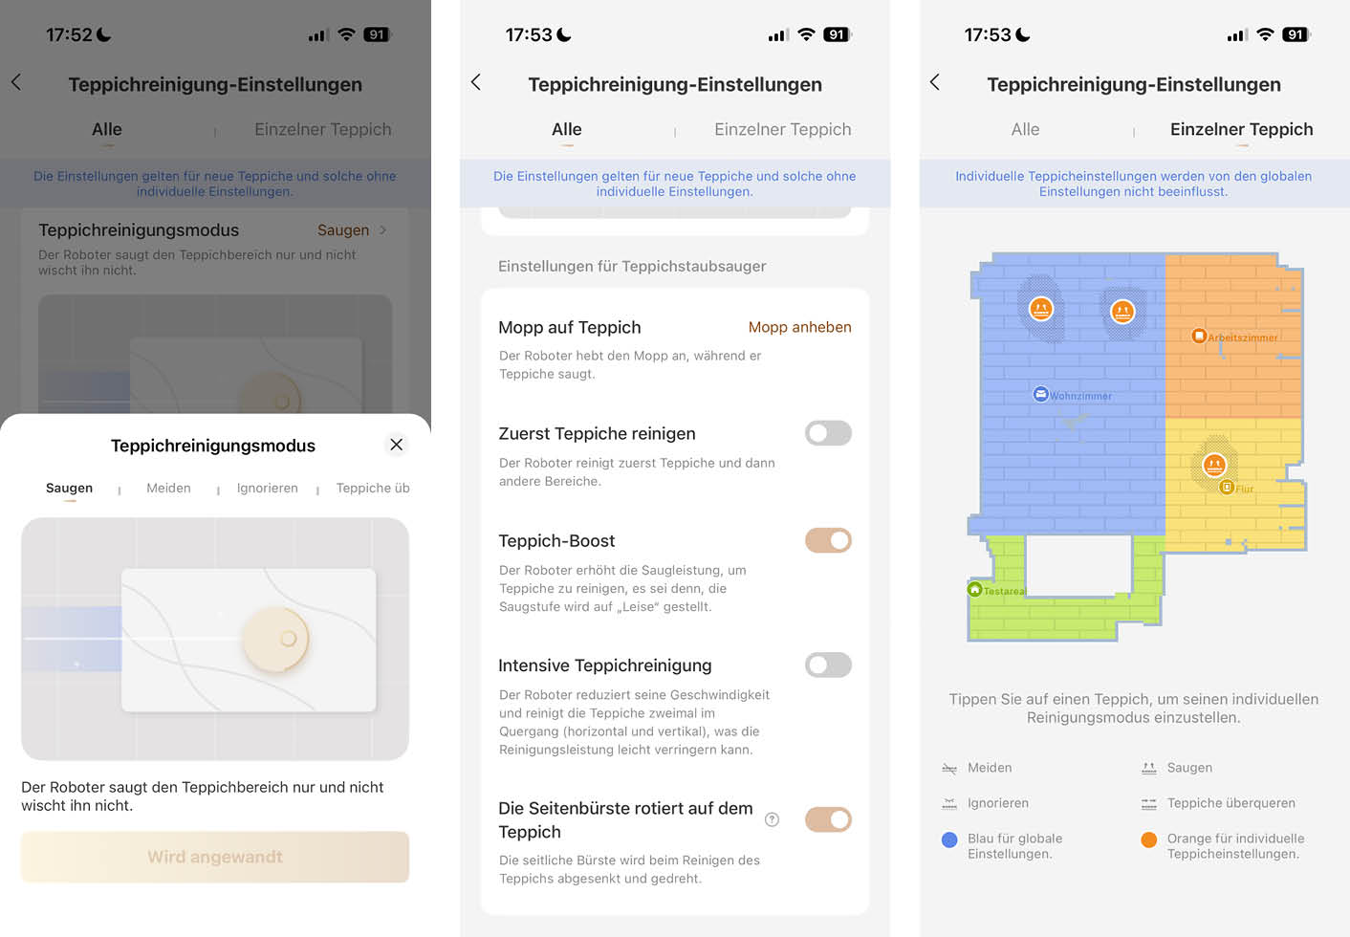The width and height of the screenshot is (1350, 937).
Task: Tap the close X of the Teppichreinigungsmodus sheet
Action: tap(396, 445)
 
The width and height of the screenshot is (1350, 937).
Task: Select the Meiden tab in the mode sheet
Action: tap(168, 489)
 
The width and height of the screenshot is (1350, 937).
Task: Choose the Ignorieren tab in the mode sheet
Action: tap(267, 489)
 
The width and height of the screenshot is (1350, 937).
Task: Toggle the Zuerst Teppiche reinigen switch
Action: tap(828, 433)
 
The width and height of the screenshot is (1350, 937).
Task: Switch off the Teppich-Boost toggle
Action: tap(828, 540)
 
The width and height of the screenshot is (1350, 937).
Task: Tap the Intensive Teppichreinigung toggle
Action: tap(828, 665)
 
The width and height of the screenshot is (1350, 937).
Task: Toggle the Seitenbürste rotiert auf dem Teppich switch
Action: tap(828, 819)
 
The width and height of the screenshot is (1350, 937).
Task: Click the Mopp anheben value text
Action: tap(799, 327)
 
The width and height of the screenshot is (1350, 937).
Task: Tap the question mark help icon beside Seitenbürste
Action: tap(773, 819)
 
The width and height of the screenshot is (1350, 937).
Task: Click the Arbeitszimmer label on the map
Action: tap(1241, 338)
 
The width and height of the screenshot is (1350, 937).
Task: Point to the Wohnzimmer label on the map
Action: tap(1079, 396)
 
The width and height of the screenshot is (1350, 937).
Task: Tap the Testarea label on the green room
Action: tap(1003, 591)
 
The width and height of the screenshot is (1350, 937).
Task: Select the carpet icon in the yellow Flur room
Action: tap(1214, 465)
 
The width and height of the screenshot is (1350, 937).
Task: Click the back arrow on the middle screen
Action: tap(476, 83)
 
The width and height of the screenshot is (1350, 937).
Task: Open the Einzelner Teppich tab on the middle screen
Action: tap(782, 130)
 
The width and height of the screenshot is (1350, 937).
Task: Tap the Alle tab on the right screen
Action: tap(1025, 130)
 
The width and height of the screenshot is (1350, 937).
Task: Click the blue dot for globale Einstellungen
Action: tap(949, 839)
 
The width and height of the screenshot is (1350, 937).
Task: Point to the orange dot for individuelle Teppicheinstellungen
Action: tap(1149, 839)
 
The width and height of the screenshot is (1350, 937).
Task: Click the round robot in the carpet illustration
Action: tap(276, 639)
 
